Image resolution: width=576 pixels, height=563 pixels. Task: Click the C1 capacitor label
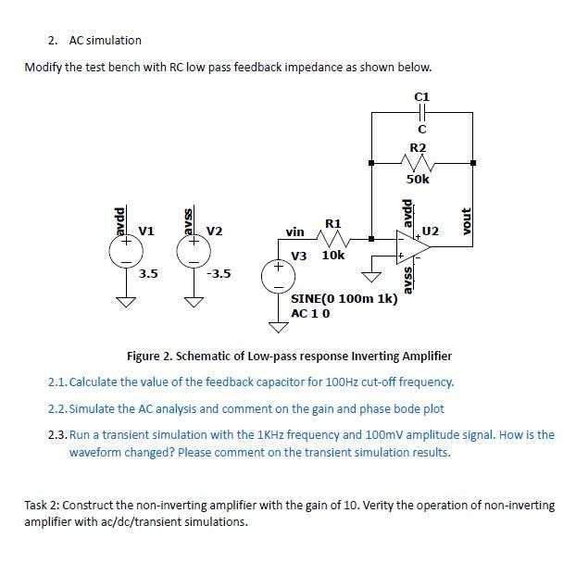click(421, 95)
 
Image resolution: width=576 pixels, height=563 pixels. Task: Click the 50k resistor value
click(419, 179)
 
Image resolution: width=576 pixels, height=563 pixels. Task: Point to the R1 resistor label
click(333, 223)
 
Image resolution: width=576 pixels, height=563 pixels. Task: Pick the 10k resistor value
click(333, 255)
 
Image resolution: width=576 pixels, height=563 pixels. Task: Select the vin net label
click(294, 231)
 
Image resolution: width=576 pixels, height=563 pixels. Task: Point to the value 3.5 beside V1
click(148, 274)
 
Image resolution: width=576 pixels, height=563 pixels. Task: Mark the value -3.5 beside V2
click(219, 274)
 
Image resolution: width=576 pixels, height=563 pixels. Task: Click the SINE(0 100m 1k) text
click(344, 299)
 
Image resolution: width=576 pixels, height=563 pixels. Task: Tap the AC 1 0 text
click(311, 313)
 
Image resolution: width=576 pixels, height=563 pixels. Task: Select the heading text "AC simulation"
click(106, 40)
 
